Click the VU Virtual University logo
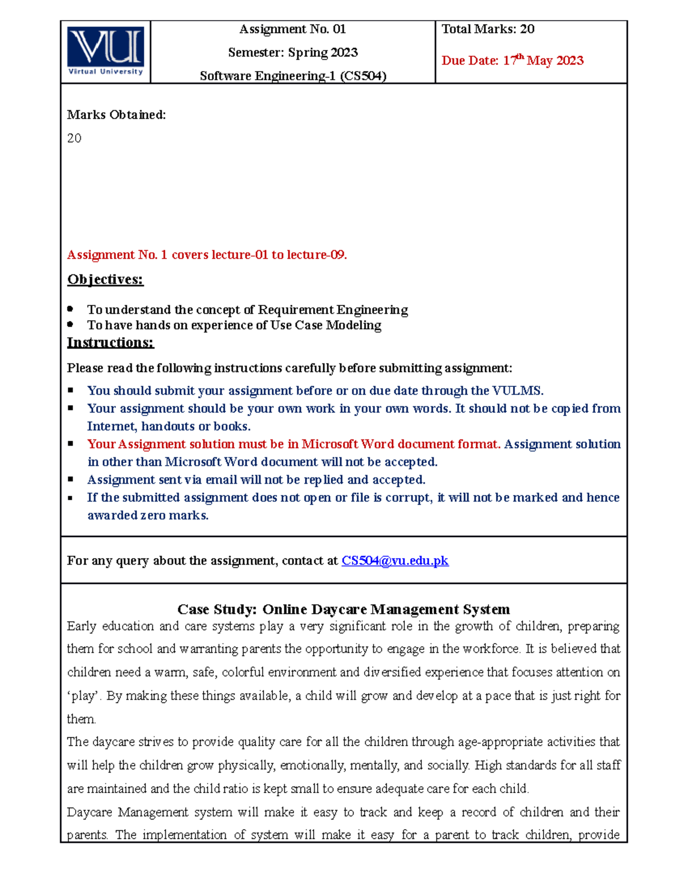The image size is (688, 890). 105,51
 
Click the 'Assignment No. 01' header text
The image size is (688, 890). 292,29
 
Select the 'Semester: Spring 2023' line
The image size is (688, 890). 292,53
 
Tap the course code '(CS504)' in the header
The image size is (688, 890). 363,76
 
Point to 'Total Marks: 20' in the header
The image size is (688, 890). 488,29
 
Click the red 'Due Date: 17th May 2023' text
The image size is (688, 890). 512,60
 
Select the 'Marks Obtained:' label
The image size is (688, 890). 116,115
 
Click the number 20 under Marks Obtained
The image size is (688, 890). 75,138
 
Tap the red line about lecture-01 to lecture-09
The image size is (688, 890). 207,255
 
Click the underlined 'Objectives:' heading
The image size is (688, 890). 105,280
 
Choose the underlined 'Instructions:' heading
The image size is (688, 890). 110,343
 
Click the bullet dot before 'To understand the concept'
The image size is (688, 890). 71,309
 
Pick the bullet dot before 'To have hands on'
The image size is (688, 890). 71,324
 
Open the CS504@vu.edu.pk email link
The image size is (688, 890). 394,560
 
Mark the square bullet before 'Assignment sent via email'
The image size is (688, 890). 71,479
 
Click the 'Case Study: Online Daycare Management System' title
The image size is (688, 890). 343,609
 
